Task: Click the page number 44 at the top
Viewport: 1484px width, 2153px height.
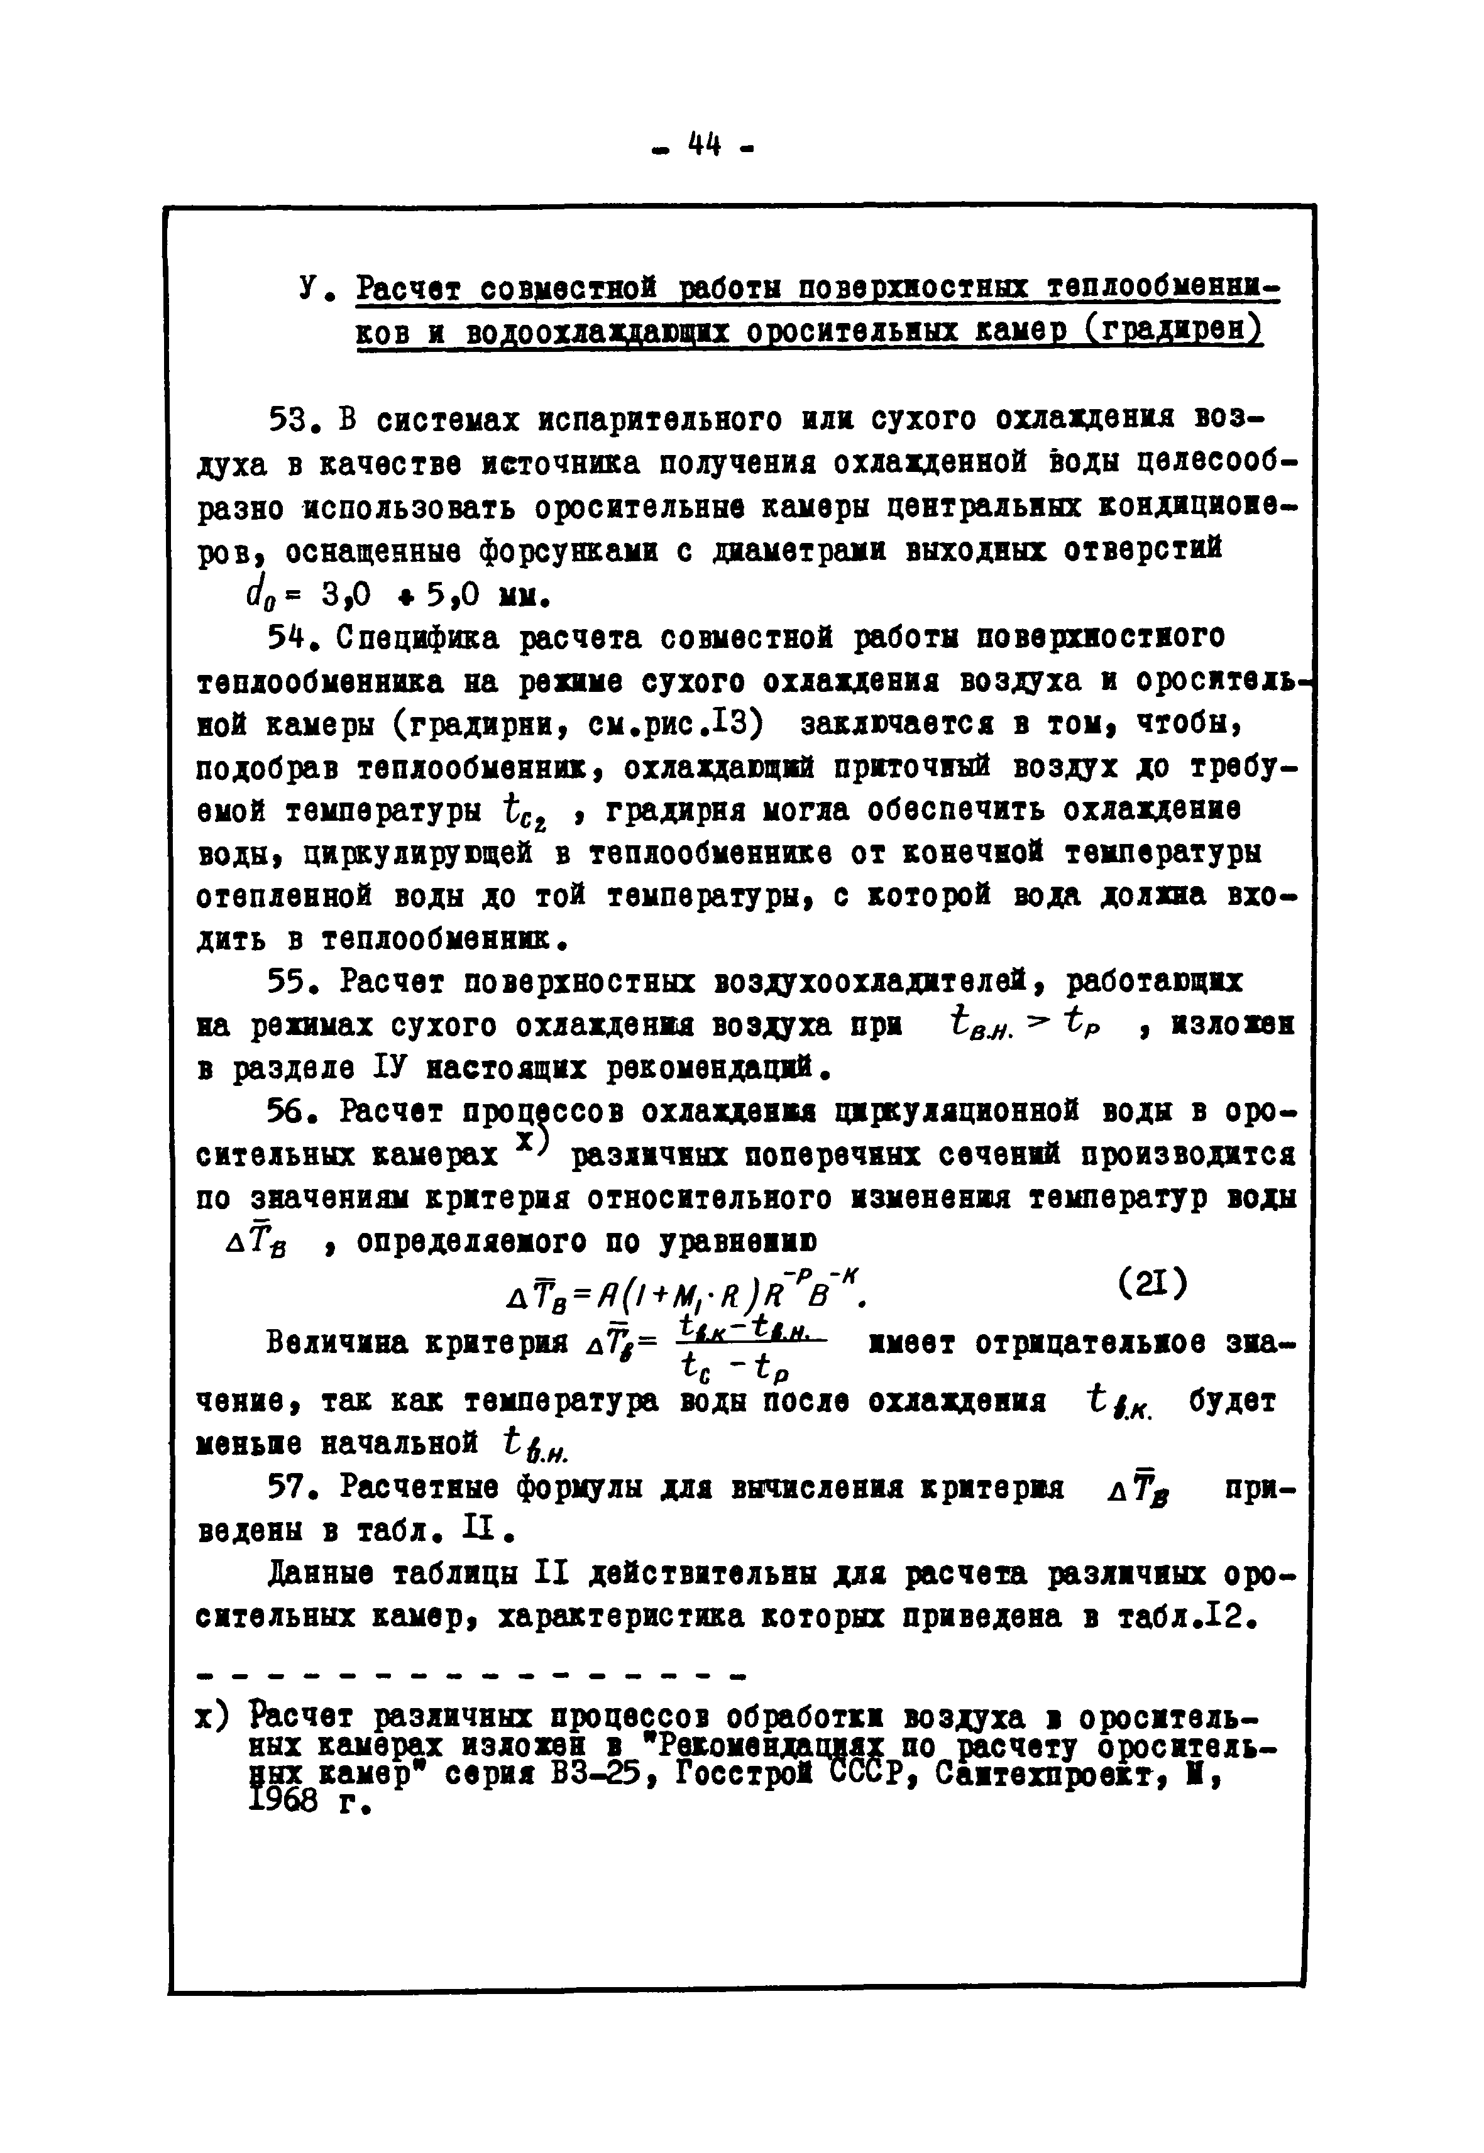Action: [x=705, y=146]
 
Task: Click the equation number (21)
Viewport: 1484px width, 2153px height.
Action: [x=1152, y=1285]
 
